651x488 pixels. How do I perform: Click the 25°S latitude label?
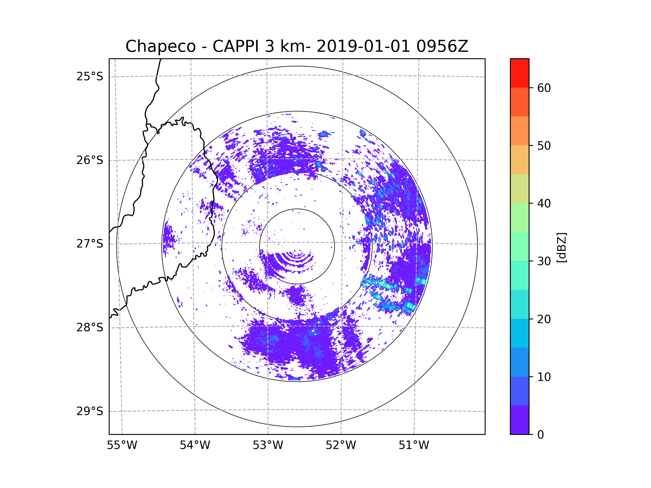[x=90, y=76]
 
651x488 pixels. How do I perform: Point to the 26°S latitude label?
[x=90, y=160]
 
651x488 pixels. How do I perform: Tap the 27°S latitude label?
[x=90, y=244]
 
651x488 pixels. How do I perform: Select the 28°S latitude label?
[x=90, y=328]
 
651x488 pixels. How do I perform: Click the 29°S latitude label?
[x=90, y=411]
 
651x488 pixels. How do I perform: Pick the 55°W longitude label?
[x=122, y=445]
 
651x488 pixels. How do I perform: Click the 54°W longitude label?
[x=195, y=445]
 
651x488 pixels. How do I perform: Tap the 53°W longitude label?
[x=268, y=445]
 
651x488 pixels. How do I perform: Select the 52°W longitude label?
[x=341, y=445]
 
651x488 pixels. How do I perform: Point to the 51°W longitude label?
[x=414, y=445]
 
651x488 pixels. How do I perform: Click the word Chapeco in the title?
[x=160, y=46]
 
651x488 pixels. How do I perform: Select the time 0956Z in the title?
[x=442, y=46]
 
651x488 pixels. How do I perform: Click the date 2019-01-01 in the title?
[x=363, y=46]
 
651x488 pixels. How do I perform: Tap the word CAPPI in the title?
[x=235, y=46]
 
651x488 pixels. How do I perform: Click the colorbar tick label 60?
[x=544, y=88]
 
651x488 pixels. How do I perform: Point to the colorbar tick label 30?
[x=544, y=261]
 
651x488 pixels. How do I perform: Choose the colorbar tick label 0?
[x=541, y=435]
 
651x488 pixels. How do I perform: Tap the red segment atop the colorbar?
[x=519, y=73]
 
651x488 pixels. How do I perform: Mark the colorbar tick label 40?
[x=544, y=204]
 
